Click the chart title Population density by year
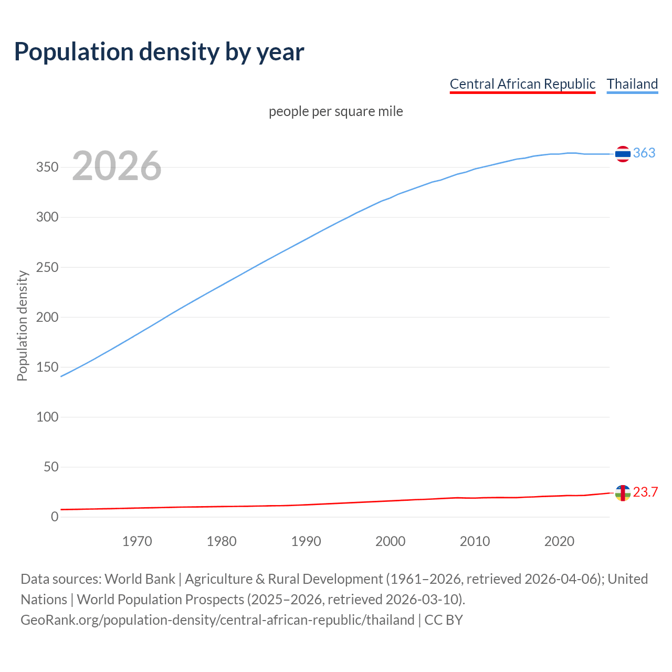[x=159, y=51]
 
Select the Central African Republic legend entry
[x=522, y=84]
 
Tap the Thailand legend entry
[x=632, y=84]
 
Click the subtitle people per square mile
[x=335, y=111]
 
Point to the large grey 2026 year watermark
[x=117, y=166]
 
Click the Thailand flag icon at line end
[x=623, y=154]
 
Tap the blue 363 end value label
[x=644, y=153]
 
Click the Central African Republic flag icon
[x=623, y=493]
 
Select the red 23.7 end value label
[x=645, y=492]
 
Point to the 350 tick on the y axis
[x=47, y=167]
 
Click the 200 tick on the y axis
[x=47, y=317]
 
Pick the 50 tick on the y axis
[x=50, y=467]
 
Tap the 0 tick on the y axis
[x=55, y=517]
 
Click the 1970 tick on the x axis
[x=137, y=541]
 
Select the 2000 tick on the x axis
[x=390, y=541]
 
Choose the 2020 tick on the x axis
[x=559, y=541]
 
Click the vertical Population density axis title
[x=22, y=325]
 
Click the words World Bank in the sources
[x=140, y=579]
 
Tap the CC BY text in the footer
[x=444, y=620]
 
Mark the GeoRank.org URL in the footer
[x=217, y=620]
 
